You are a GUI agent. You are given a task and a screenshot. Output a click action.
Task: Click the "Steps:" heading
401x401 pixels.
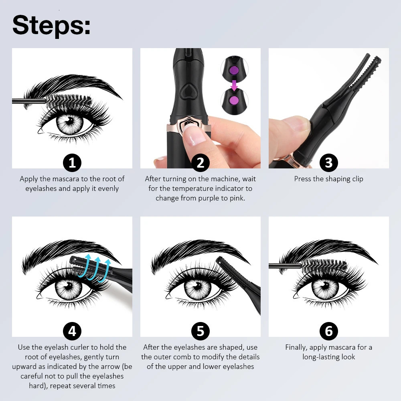(51, 25)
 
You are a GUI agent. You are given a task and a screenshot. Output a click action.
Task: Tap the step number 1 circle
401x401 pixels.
(72, 163)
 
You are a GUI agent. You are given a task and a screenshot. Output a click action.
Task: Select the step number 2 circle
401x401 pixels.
(200, 163)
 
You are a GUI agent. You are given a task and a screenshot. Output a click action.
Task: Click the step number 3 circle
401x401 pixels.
(329, 163)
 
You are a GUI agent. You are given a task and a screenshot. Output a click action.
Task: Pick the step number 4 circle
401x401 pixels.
(72, 331)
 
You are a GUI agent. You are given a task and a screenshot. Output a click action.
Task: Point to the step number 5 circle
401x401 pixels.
(200, 331)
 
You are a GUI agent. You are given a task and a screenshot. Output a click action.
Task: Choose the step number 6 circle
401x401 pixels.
(329, 331)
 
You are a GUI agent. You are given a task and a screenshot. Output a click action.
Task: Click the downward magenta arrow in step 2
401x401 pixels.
(235, 85)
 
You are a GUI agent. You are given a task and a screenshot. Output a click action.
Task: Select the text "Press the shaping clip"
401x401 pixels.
(328, 179)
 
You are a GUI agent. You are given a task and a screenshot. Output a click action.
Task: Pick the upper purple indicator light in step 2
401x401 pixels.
(234, 70)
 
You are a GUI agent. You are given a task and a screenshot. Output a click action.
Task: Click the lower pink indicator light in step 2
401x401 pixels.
(234, 99)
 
